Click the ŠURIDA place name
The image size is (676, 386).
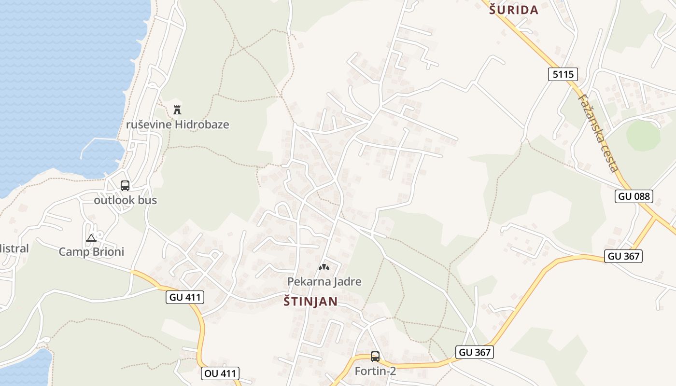[514, 10]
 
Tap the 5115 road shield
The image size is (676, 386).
[563, 74]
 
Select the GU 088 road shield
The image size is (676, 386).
[634, 196]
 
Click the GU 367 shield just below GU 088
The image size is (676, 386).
[624, 256]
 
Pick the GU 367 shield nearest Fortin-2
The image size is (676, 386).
[475, 352]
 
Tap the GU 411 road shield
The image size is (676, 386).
[185, 297]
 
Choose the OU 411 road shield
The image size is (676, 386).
[220, 373]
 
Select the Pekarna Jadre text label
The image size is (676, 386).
[324, 281]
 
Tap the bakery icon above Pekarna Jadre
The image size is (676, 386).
[324, 267]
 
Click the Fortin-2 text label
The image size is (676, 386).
[375, 371]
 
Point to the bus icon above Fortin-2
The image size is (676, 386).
[375, 357]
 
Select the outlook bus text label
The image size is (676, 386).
[125, 200]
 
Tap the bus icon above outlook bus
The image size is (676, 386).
[125, 185]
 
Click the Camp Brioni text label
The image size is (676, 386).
[91, 252]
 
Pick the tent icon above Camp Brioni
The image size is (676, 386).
[91, 238]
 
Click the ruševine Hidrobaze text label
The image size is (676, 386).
[177, 124]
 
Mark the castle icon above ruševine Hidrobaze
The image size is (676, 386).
[177, 110]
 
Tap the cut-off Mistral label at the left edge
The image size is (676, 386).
[14, 249]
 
